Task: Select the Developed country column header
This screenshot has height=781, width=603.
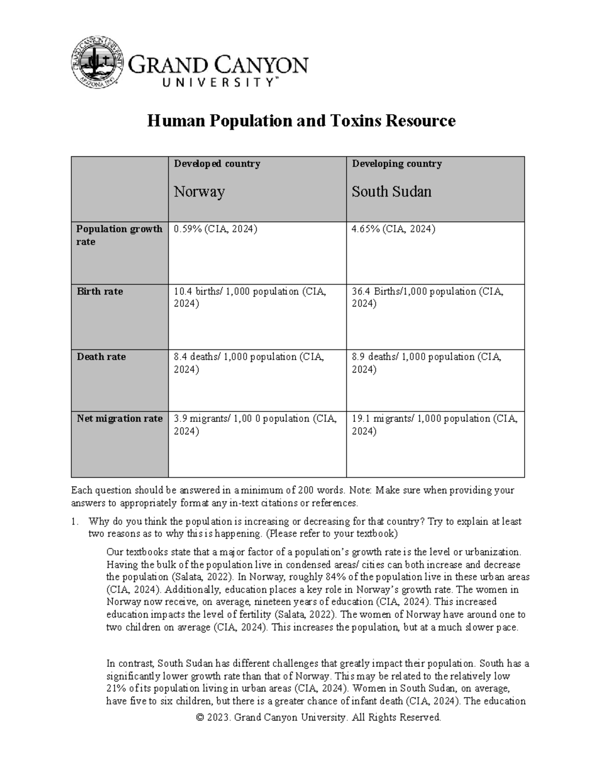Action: [x=217, y=164]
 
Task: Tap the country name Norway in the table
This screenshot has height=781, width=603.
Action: [x=199, y=192]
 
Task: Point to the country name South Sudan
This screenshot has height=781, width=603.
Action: [x=391, y=192]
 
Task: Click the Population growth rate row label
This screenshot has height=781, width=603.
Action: [x=119, y=235]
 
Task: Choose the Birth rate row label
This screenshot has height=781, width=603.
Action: [x=99, y=292]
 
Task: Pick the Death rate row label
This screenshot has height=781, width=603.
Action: [x=101, y=357]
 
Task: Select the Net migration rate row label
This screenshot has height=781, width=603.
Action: [x=119, y=418]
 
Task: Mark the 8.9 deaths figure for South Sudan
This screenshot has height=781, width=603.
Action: [x=359, y=357]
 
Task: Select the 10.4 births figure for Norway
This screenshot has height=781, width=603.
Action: [x=183, y=292]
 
